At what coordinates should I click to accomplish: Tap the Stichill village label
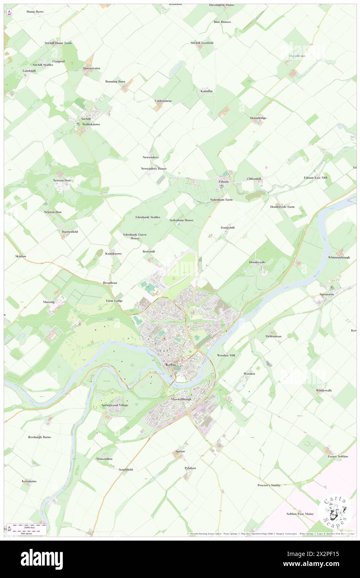click(86, 119)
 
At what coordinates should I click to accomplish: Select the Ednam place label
click(224, 181)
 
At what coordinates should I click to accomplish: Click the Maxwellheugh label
click(181, 399)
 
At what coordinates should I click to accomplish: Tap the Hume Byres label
click(35, 12)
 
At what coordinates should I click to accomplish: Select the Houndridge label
click(258, 118)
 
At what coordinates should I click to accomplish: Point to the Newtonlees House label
click(154, 168)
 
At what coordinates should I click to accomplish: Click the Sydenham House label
click(182, 220)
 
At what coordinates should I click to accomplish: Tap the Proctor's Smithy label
click(269, 485)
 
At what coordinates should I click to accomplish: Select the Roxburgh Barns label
click(39, 437)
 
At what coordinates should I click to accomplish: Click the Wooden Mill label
click(226, 356)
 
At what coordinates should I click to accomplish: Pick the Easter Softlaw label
click(338, 457)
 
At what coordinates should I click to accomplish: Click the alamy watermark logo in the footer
click(42, 559)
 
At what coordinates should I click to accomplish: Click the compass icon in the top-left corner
click(9, 13)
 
